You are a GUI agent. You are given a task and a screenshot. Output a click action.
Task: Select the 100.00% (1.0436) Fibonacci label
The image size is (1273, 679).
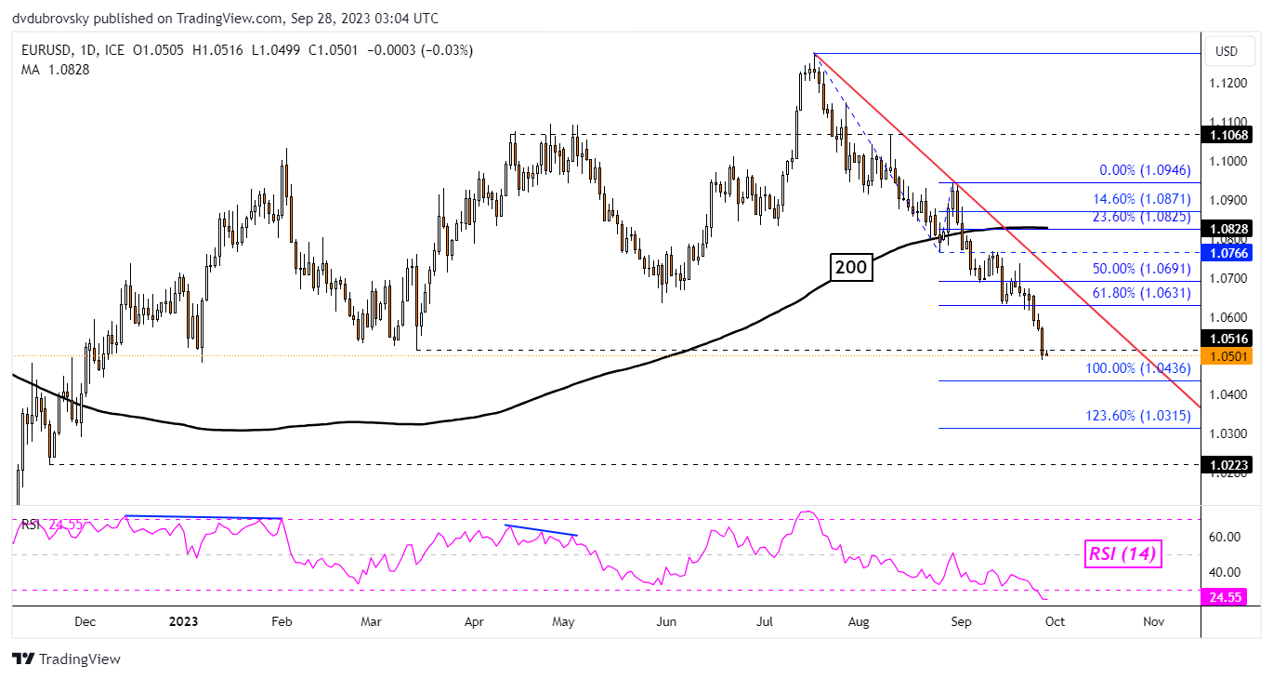coord(1138,369)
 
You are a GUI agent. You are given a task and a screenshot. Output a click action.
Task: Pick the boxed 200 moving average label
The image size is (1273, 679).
coord(851,268)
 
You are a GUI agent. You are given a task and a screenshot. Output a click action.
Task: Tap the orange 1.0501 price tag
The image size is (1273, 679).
coord(1227,355)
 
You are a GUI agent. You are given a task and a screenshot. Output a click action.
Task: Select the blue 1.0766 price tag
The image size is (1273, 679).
coord(1227,252)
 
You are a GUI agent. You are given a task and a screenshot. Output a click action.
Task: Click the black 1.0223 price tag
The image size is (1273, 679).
coord(1227,463)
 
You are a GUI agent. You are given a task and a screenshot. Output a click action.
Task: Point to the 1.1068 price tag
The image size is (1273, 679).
coord(1227,135)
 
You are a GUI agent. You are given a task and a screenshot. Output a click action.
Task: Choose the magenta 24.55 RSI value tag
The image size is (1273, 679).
coord(1227,597)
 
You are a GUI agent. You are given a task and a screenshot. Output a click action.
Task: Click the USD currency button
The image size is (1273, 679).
coord(1227,50)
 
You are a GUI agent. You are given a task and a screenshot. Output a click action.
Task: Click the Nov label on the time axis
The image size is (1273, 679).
coord(1153,620)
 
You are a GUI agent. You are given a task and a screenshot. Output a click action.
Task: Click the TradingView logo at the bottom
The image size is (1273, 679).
coord(67,659)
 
